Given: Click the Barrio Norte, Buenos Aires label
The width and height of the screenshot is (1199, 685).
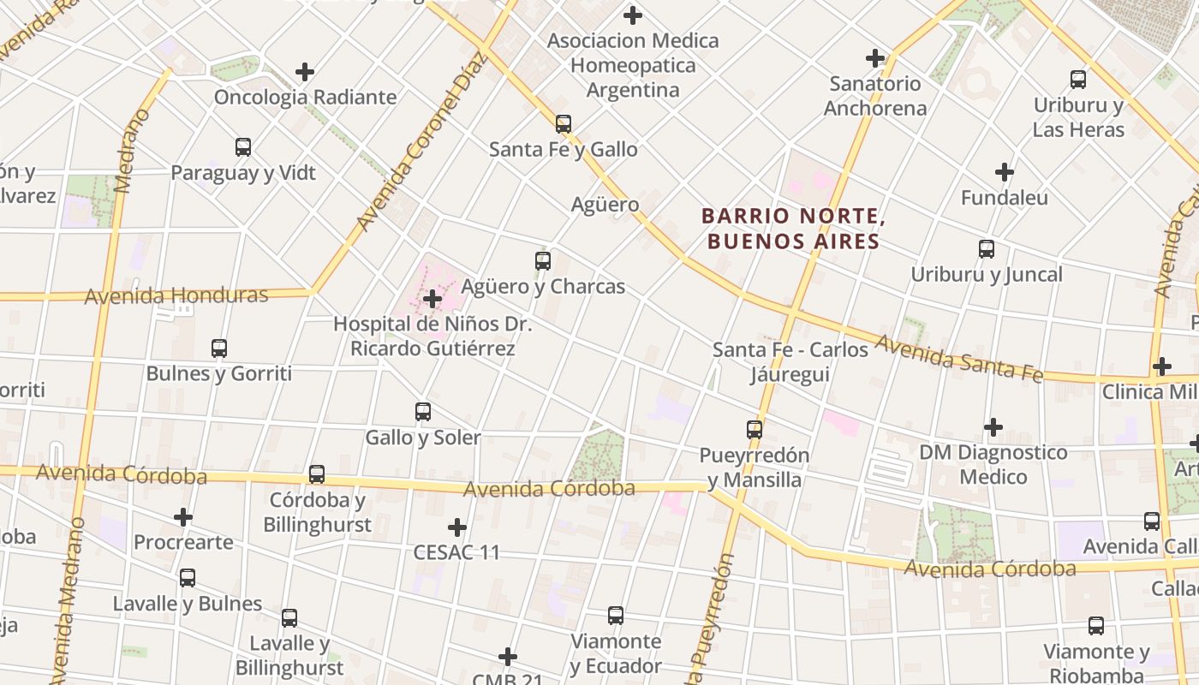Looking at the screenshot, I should pyautogui.click(x=791, y=229).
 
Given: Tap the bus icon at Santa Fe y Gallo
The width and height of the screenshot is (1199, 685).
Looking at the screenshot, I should pyautogui.click(x=563, y=124).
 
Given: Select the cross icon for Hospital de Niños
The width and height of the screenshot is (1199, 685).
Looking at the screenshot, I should pyautogui.click(x=432, y=299).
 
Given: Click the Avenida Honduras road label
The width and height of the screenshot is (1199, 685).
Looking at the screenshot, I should pyautogui.click(x=176, y=296).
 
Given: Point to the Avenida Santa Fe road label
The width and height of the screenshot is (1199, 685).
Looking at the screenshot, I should pyautogui.click(x=958, y=359).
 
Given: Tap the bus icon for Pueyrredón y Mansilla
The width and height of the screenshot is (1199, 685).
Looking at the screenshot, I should pyautogui.click(x=754, y=430).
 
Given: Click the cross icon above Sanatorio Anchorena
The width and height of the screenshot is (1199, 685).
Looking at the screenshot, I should pyautogui.click(x=874, y=58).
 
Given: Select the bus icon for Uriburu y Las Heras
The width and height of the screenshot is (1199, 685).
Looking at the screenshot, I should pyautogui.click(x=1078, y=80).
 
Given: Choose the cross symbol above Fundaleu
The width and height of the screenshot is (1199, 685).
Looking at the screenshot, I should pyautogui.click(x=1005, y=172).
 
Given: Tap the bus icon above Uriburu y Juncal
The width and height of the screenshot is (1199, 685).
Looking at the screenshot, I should pyautogui.click(x=987, y=249).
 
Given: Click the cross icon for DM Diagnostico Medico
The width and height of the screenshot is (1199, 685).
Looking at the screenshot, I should pyautogui.click(x=993, y=426).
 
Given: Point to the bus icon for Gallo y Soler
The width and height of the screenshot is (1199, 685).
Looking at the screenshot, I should pyautogui.click(x=422, y=412).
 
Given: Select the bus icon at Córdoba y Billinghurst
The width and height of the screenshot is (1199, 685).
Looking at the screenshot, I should pyautogui.click(x=317, y=474).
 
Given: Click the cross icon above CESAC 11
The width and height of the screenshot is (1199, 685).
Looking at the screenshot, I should pyautogui.click(x=457, y=527).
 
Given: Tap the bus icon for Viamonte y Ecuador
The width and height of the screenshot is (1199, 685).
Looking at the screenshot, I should pyautogui.click(x=615, y=616).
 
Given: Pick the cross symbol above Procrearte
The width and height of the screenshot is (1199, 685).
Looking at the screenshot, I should pyautogui.click(x=182, y=517).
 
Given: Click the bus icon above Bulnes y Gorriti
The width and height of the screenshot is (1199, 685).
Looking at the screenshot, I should pyautogui.click(x=219, y=348).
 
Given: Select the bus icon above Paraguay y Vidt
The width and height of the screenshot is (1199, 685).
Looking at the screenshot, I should pyautogui.click(x=243, y=147).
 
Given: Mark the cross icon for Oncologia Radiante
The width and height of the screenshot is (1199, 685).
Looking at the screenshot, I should pyautogui.click(x=304, y=72).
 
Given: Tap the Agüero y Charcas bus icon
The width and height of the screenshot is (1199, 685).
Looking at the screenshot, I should pyautogui.click(x=542, y=261).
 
